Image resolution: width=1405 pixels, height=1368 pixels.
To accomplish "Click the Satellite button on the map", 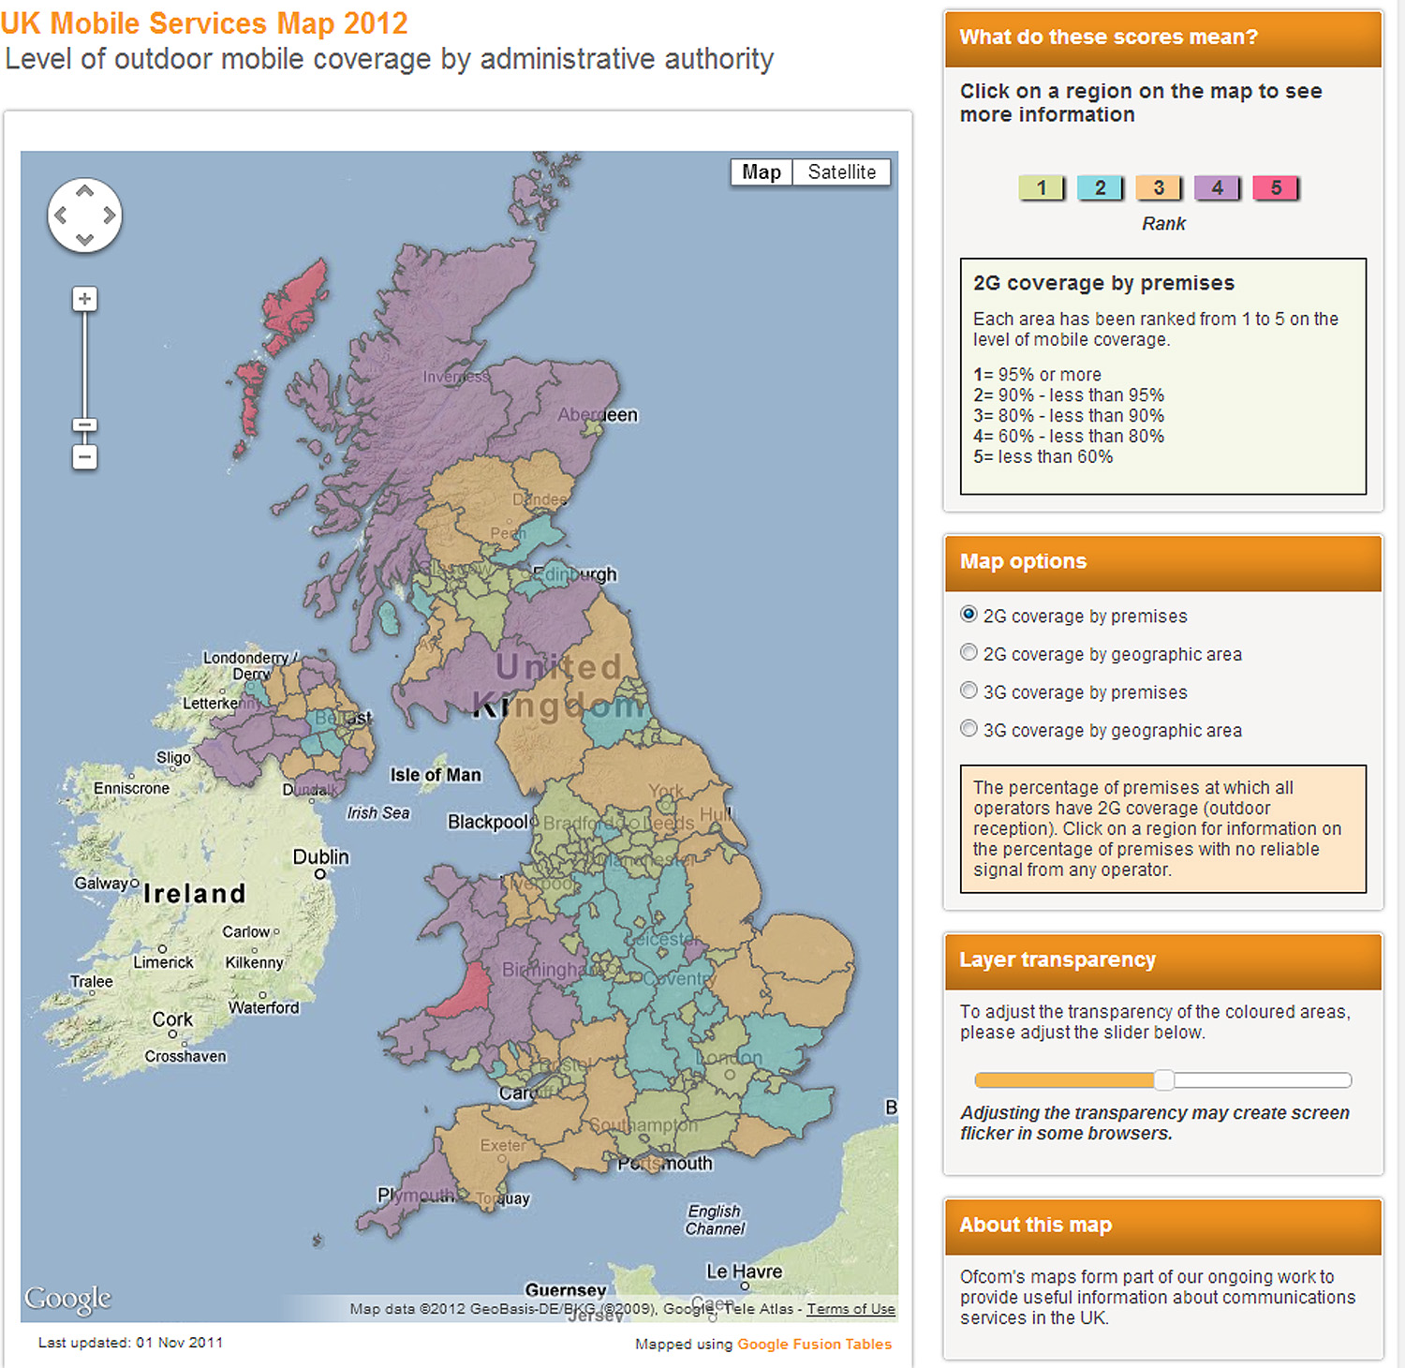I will click(841, 172).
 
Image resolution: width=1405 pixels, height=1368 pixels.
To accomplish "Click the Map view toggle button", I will click(761, 172).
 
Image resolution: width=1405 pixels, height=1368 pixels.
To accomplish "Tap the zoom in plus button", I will click(85, 299).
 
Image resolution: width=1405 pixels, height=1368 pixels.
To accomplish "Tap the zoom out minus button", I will click(85, 457).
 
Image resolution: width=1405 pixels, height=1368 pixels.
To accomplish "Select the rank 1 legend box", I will click(1042, 187).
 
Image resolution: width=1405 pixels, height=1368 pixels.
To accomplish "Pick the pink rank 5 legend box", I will click(1276, 187).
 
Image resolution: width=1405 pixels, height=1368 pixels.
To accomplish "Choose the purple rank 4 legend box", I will click(1217, 187).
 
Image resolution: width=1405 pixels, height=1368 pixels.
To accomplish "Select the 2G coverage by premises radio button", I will click(969, 615).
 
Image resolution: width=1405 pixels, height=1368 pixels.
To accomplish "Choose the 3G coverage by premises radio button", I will click(969, 691).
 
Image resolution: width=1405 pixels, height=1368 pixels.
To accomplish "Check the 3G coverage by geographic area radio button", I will click(969, 729).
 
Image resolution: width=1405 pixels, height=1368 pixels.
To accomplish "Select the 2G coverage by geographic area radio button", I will click(969, 653).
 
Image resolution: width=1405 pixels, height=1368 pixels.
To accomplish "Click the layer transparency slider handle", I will click(1164, 1080).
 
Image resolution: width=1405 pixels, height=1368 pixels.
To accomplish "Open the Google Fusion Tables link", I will click(814, 1344).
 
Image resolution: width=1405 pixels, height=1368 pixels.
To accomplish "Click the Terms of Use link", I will click(850, 1309).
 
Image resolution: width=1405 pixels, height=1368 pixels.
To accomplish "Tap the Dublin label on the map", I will click(320, 857).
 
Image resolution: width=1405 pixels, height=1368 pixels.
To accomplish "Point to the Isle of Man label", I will click(436, 775).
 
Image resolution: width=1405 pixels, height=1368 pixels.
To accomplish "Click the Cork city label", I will click(172, 1019).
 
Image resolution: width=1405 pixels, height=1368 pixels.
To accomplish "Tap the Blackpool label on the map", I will click(488, 822).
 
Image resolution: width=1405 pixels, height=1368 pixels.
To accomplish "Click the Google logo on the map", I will click(67, 1298).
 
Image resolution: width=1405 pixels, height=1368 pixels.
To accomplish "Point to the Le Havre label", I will click(744, 1271).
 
